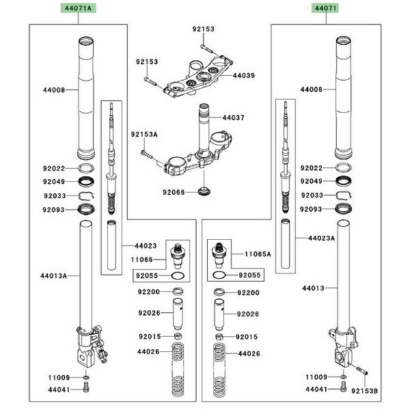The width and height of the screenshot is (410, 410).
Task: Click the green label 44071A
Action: (x=77, y=8)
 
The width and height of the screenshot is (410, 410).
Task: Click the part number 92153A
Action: (x=144, y=135)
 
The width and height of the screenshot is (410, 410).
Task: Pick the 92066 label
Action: (x=174, y=193)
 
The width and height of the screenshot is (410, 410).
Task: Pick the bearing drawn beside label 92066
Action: (x=203, y=192)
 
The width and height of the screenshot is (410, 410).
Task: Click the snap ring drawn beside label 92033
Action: (x=85, y=196)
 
